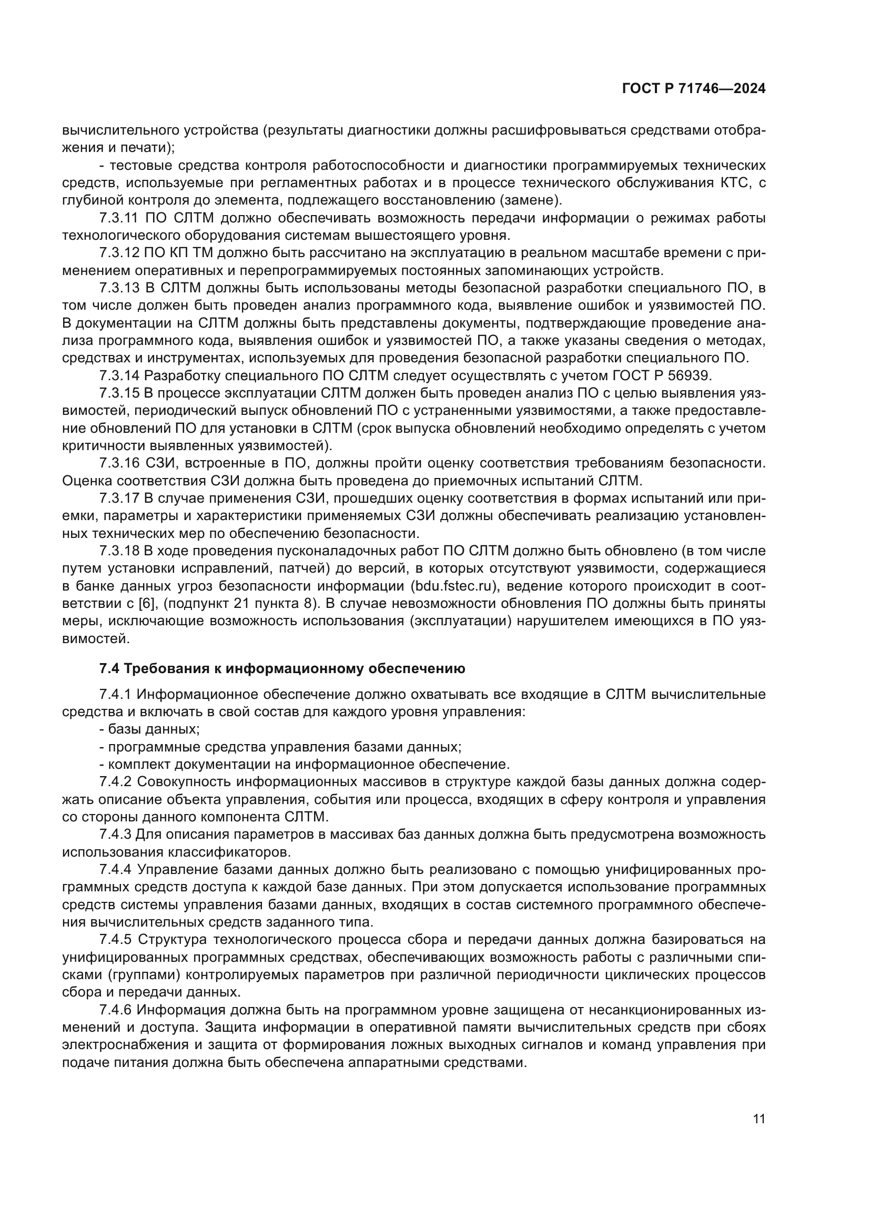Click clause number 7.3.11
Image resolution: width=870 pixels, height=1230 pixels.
coord(119,218)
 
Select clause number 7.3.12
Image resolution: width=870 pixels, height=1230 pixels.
coord(119,253)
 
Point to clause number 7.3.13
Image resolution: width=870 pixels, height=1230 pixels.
coord(119,288)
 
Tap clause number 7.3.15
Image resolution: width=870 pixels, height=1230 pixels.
coord(119,393)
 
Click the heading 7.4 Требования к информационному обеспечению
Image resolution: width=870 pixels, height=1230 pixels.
coord(282,668)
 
